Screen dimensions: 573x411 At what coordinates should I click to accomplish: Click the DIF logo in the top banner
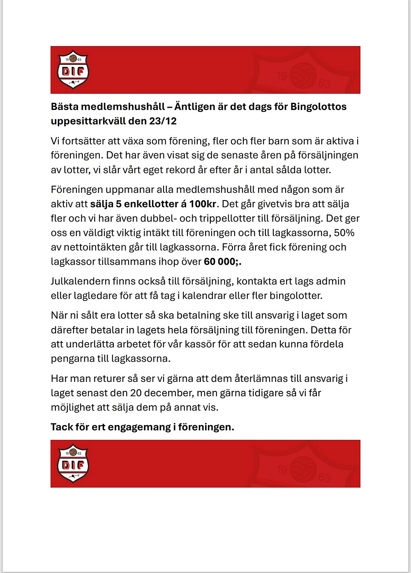73,69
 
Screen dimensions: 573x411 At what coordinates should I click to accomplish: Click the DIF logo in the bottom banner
73,463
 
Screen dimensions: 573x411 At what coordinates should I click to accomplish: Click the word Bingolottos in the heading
319,107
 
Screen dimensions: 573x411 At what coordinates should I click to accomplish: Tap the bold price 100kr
203,204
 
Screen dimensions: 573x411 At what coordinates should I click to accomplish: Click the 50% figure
344,233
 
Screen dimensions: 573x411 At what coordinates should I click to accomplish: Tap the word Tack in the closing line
62,427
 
